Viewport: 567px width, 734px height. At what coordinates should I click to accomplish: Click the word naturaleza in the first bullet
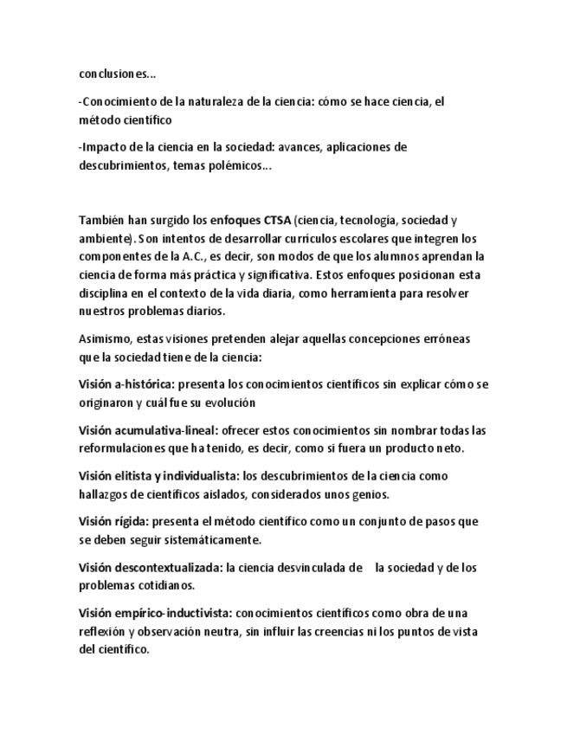click(x=216, y=101)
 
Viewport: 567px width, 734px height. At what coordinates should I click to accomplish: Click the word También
click(x=102, y=221)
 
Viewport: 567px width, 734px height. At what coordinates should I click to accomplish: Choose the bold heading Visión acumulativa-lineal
click(x=147, y=430)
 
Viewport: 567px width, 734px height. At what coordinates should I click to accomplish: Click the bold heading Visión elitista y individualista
click(x=158, y=476)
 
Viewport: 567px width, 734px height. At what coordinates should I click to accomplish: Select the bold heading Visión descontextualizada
click(x=150, y=568)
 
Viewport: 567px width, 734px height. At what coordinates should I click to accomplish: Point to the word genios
click(x=370, y=494)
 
